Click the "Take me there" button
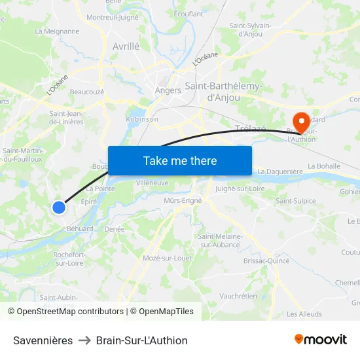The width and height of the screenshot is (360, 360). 180,160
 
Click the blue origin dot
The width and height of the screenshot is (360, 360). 59,207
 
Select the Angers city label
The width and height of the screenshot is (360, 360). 168,90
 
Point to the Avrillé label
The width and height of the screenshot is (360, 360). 126,46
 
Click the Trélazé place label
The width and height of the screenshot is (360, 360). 250,128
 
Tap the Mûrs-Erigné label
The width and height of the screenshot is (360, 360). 182,200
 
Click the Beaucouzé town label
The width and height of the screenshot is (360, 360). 86,92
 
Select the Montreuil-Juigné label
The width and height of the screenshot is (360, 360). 113,17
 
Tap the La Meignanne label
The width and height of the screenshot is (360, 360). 57,31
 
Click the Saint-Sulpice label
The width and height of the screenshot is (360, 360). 295,201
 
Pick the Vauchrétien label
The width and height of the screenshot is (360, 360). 238,296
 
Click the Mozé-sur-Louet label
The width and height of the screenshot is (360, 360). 167,258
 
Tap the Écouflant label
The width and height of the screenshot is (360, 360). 189,13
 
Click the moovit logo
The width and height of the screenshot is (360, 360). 321,339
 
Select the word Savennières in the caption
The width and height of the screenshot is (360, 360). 43,340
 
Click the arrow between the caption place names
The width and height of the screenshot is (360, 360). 84,340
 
